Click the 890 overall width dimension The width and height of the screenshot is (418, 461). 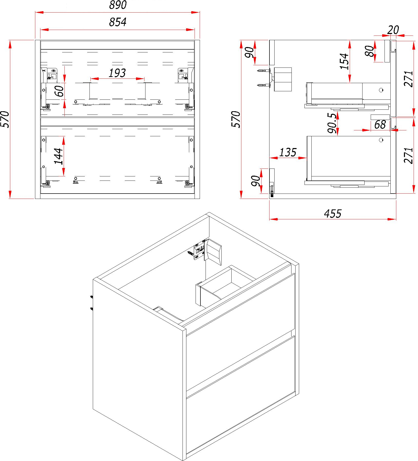coord(118,5)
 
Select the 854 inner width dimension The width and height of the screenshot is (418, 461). coord(118,22)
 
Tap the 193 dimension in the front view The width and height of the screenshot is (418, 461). coord(117,73)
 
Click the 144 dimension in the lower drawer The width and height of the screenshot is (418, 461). coord(59,156)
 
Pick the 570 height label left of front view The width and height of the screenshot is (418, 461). coord(5,119)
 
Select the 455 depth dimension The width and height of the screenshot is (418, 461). coord(333,214)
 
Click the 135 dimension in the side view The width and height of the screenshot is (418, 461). coord(288,152)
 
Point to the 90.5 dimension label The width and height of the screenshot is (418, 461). coord(332,123)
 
